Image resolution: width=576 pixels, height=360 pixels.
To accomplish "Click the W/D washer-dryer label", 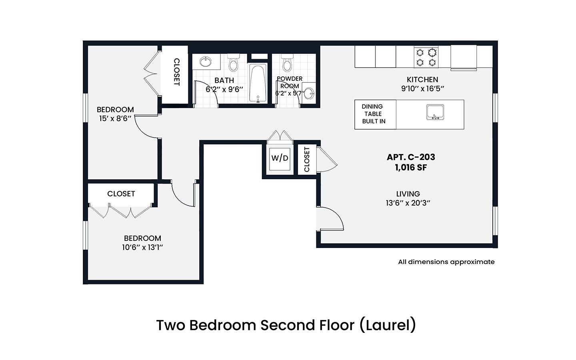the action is [x=280, y=158].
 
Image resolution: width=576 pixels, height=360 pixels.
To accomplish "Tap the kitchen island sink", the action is [x=435, y=112].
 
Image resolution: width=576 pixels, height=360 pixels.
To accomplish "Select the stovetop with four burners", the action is [x=426, y=57].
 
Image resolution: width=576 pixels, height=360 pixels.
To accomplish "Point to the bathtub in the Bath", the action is [x=258, y=84].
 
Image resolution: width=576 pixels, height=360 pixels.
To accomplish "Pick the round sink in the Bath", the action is [x=206, y=62].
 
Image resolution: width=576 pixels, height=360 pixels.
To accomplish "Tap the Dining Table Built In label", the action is [x=373, y=114].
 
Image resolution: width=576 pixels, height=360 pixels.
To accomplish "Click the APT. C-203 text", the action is [x=411, y=157].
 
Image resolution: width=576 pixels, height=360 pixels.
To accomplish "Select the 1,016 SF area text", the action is [x=411, y=168].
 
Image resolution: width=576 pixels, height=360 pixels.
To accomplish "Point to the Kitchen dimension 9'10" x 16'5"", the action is [x=422, y=89].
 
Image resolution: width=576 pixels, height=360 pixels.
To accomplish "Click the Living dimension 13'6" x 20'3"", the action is [x=408, y=203].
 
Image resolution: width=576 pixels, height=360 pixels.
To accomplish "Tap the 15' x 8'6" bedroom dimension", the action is [x=115, y=119].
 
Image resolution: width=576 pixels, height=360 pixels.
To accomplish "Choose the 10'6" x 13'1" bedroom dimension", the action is [x=142, y=247].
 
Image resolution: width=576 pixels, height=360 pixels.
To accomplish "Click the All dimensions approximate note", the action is [x=446, y=262].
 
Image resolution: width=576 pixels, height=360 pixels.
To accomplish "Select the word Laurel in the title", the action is [x=387, y=325].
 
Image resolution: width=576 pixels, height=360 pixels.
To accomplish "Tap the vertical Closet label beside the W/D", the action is [x=307, y=160].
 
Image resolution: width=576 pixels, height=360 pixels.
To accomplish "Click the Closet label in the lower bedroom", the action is [x=121, y=194].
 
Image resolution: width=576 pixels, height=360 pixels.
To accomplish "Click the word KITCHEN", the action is [x=422, y=80].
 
